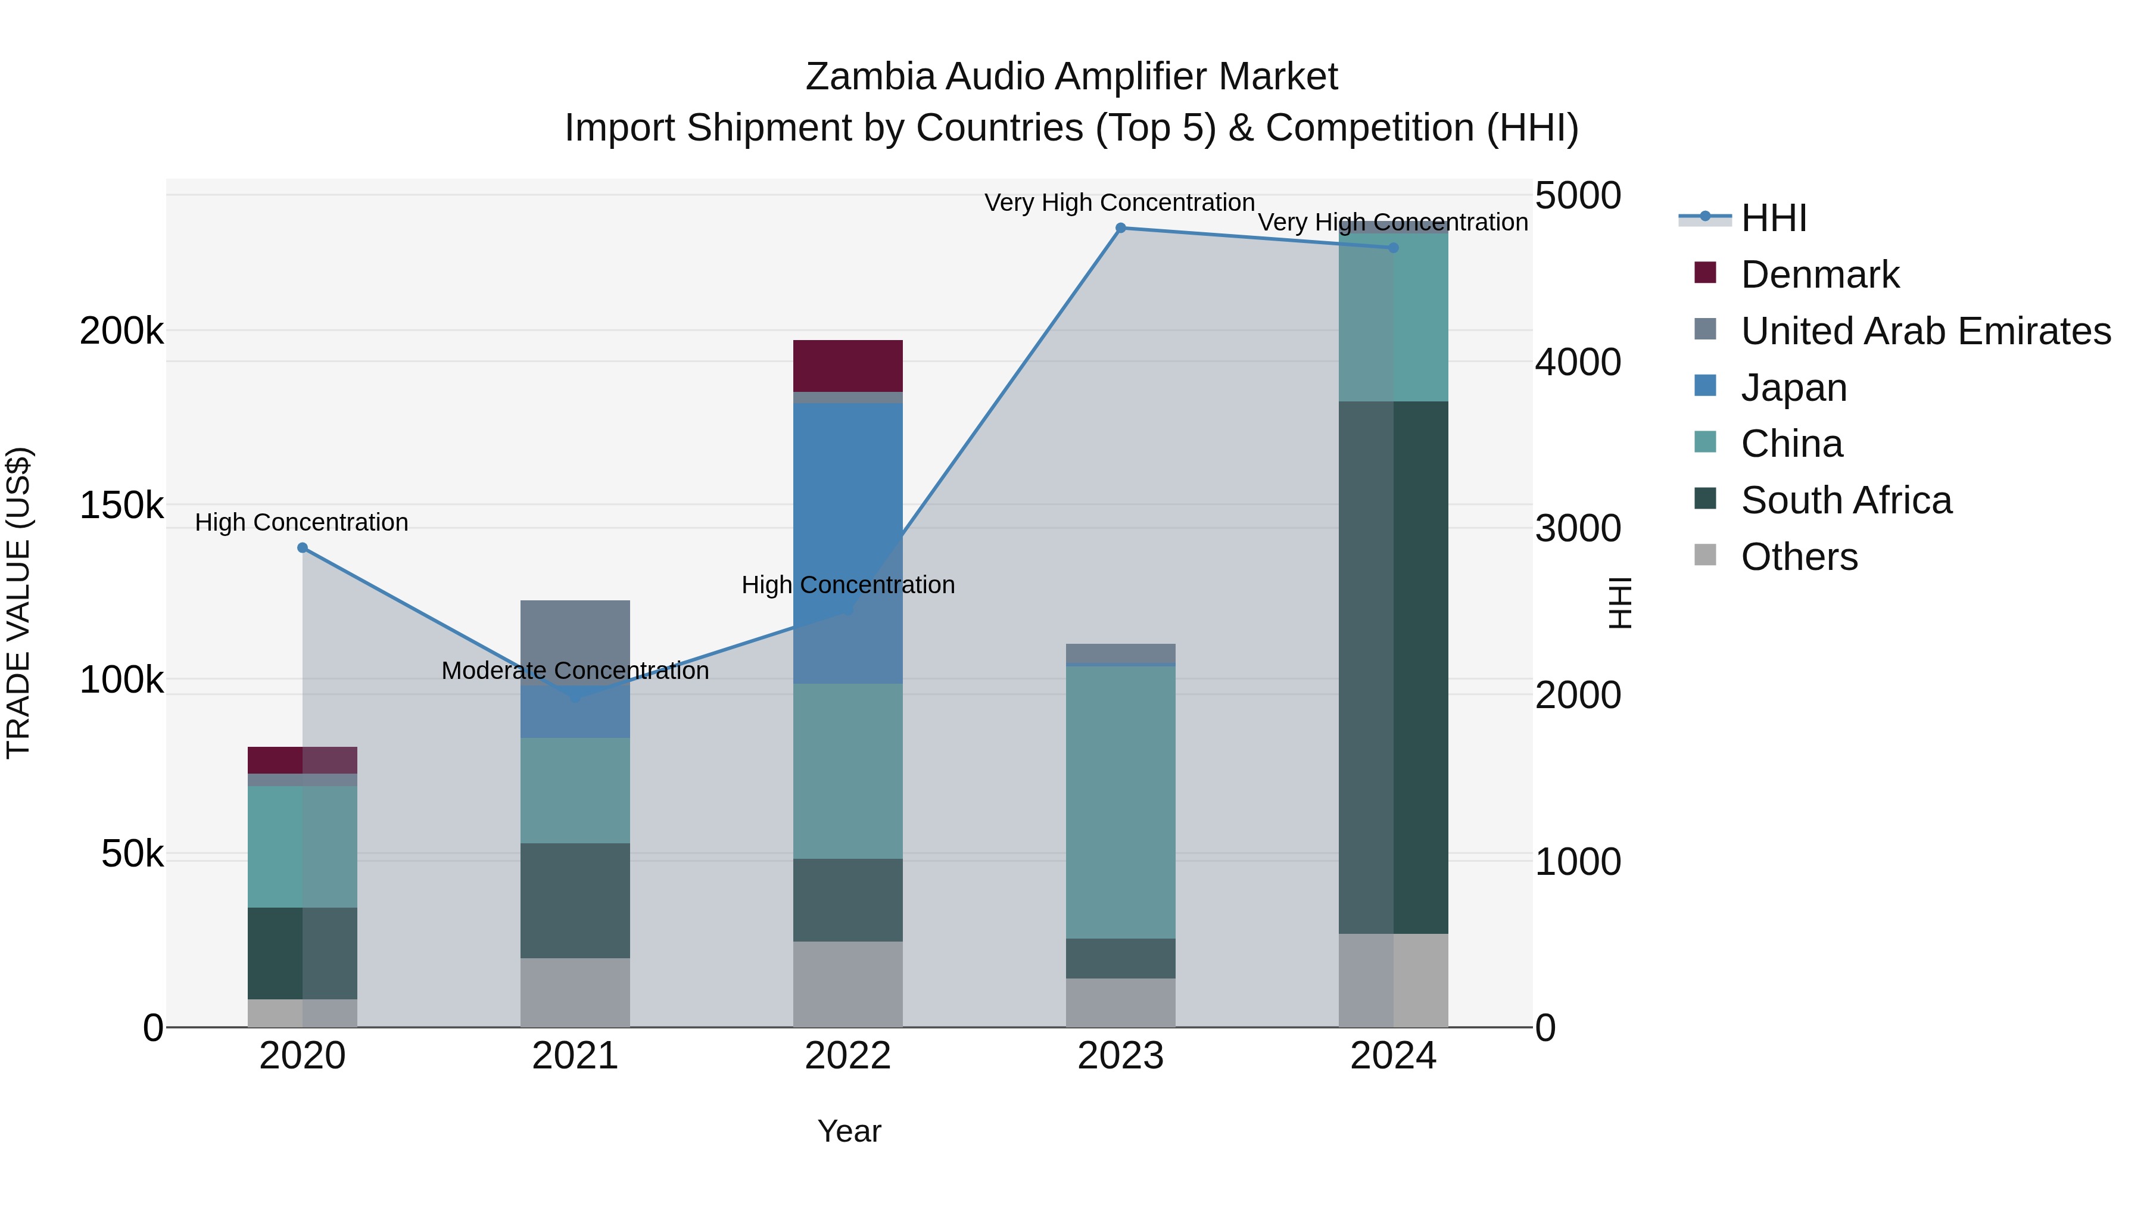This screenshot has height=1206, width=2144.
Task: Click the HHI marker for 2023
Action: coord(1120,228)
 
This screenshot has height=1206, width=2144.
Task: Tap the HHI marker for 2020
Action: coord(302,548)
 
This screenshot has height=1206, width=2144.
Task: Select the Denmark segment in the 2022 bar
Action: coord(847,366)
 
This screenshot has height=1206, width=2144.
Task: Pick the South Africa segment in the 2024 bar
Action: coord(1393,666)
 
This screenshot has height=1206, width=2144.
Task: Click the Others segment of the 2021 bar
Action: coord(575,992)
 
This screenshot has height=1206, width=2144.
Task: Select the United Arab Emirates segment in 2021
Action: coord(575,641)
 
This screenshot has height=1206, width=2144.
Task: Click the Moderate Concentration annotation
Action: coord(575,671)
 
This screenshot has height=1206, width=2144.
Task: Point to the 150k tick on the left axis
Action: coord(121,505)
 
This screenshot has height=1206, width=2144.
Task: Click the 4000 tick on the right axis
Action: coord(1577,362)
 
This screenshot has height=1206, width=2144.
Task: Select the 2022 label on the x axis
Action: coord(847,1056)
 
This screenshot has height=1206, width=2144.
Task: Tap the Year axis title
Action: coord(849,1131)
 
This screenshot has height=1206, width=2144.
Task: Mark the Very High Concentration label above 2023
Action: coord(1120,202)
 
